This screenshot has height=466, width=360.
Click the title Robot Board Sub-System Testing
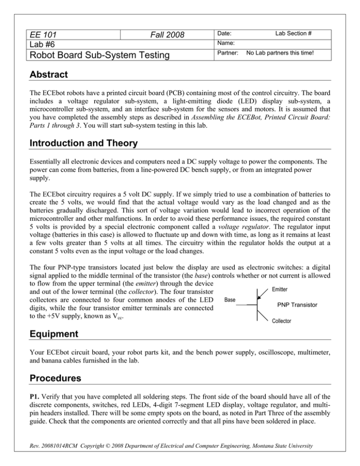(x=92, y=57)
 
